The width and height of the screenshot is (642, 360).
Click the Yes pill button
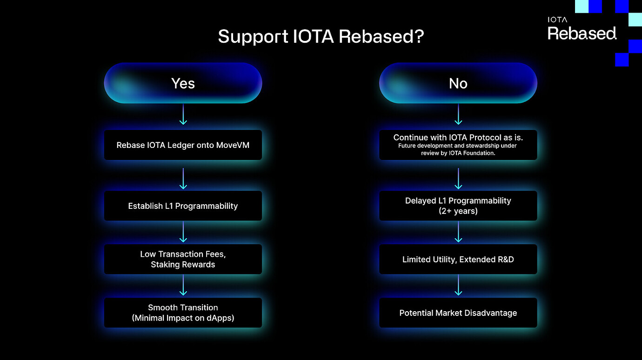click(x=183, y=83)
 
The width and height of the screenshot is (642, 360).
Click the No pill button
click(x=458, y=83)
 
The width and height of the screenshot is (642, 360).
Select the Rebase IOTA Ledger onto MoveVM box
click(x=183, y=145)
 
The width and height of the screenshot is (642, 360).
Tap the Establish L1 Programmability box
click(x=183, y=206)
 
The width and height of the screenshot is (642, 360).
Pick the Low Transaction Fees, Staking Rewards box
click(x=183, y=259)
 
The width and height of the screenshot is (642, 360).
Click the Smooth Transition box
click(x=183, y=313)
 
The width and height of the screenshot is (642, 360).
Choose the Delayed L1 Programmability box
click(x=458, y=206)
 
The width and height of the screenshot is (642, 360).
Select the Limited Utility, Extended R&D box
click(x=458, y=259)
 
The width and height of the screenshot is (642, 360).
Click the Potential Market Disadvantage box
click(x=458, y=313)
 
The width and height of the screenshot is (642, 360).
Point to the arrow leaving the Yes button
click(x=183, y=114)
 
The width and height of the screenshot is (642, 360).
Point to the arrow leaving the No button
click(x=458, y=114)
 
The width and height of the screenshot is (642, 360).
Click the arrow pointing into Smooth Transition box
click(x=183, y=285)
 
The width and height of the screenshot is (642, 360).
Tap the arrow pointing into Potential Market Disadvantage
click(x=458, y=285)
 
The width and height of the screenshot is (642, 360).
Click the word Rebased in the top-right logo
click(x=582, y=33)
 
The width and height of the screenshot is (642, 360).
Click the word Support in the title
click(x=252, y=37)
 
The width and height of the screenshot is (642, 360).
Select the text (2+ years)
click(x=458, y=211)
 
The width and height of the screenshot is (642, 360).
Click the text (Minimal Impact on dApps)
click(x=183, y=318)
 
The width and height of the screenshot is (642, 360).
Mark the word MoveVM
click(x=233, y=145)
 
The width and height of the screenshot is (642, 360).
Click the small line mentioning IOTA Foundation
click(x=458, y=153)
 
